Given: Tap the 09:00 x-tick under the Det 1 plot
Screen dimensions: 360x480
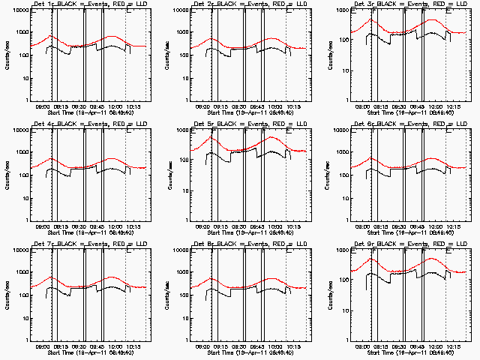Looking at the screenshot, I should coord(43,106).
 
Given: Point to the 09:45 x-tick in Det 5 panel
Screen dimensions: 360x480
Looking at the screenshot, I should coord(268,226).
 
